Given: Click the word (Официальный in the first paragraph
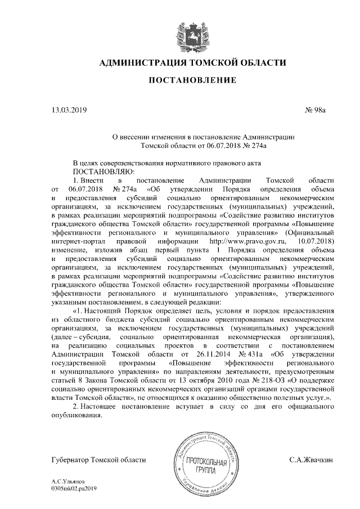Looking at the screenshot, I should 311,232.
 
